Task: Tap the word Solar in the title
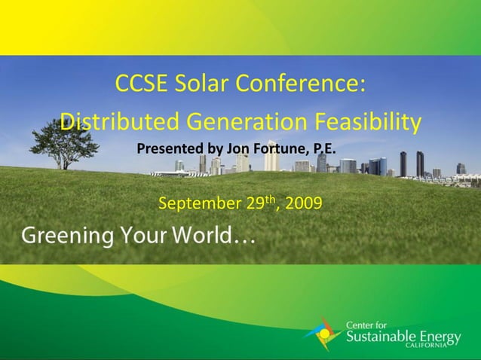198,85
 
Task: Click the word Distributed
118,121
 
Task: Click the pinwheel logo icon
323,334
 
